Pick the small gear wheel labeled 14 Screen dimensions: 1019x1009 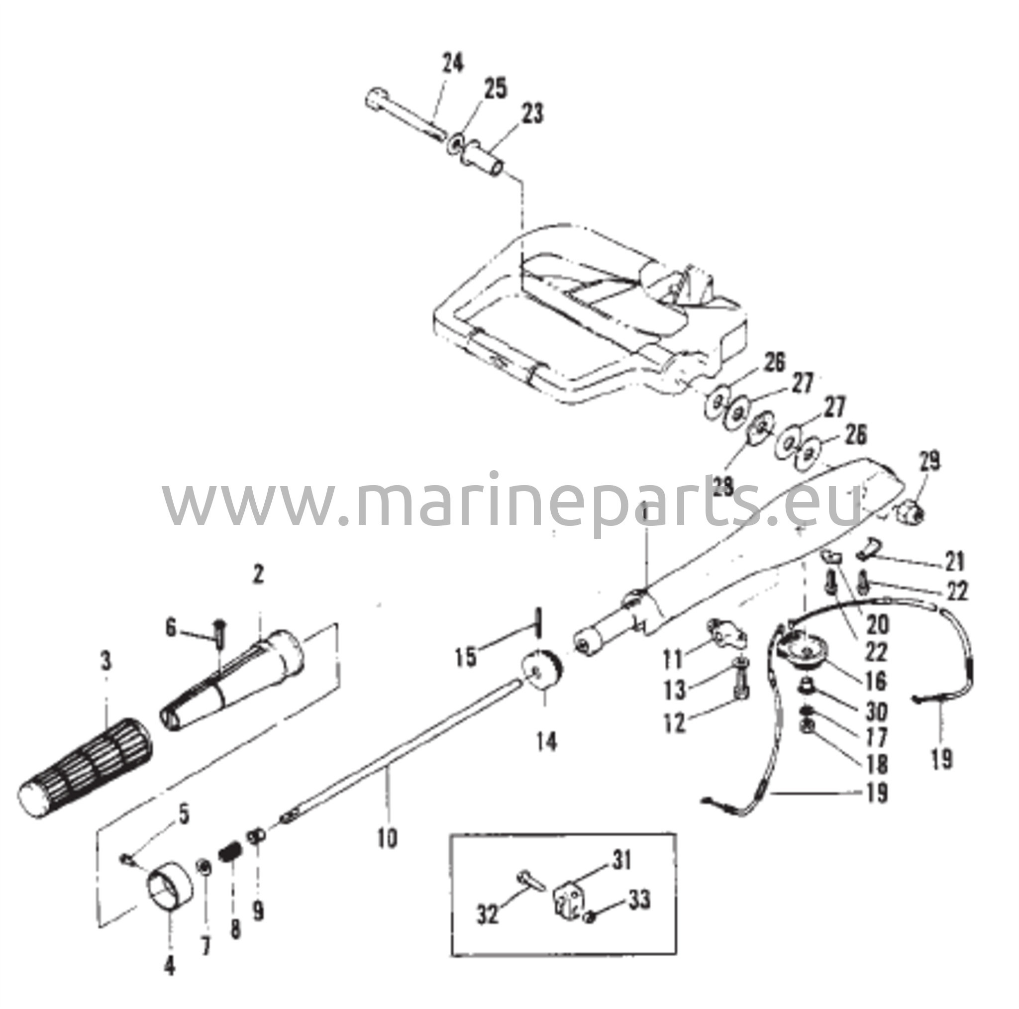click(x=542, y=670)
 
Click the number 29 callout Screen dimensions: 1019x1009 click(x=929, y=462)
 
